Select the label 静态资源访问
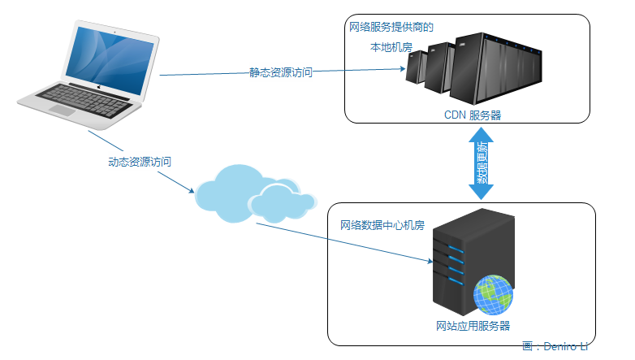[280, 72]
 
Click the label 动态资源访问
[140, 162]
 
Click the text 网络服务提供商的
[391, 27]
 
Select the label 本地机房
[391, 47]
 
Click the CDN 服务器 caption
[472, 115]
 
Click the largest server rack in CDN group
[499, 65]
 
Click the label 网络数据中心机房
[382, 225]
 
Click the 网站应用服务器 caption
[473, 326]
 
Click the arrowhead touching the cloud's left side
[192, 192]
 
